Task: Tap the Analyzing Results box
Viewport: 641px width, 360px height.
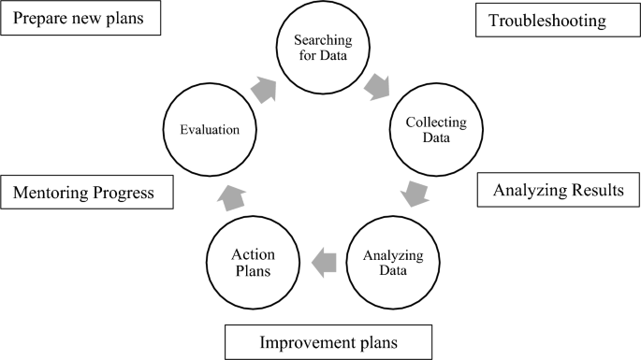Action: click(x=557, y=191)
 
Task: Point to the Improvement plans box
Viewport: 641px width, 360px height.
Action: click(x=328, y=342)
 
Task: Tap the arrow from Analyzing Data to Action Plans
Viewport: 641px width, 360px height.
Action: click(x=323, y=262)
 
